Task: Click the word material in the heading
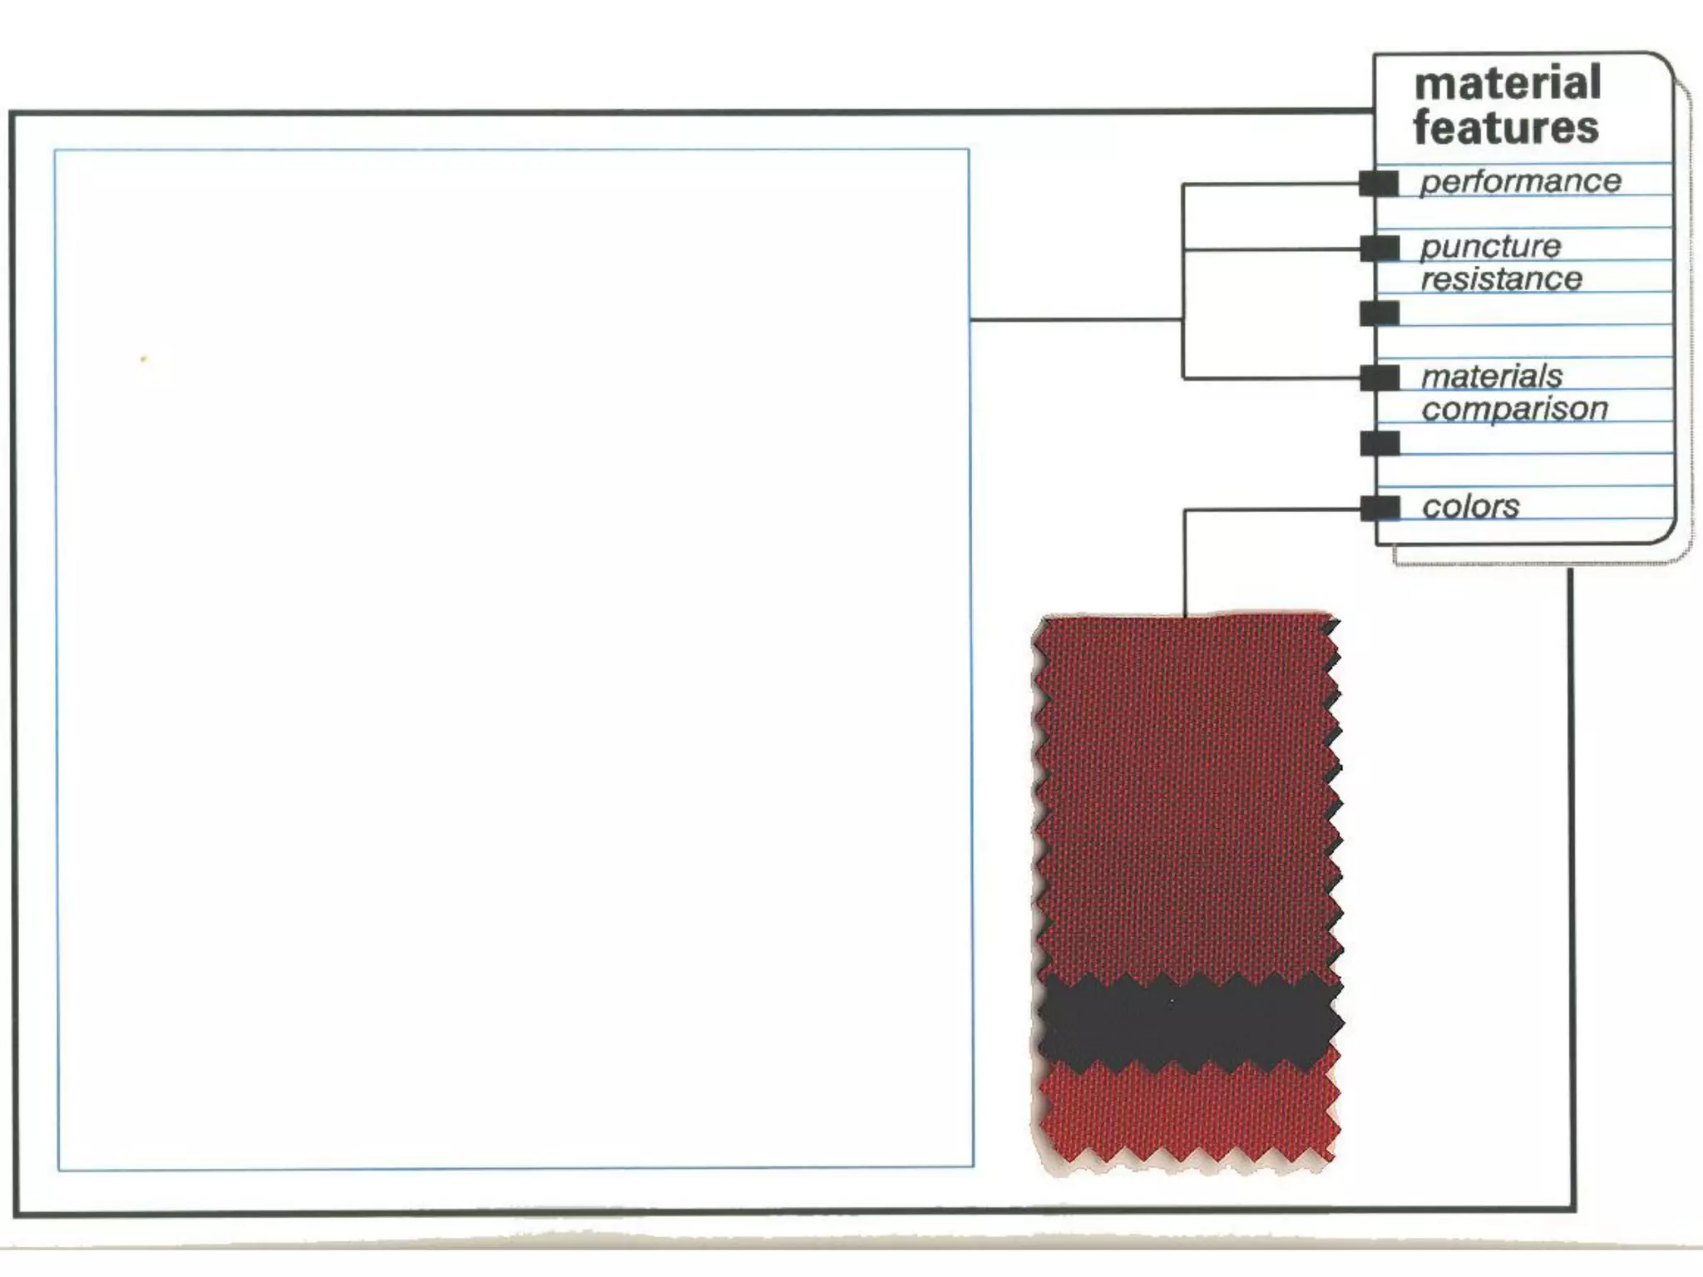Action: coord(1507,83)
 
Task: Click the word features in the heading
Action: coord(1505,128)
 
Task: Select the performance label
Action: coord(1520,181)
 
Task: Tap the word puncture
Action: coord(1490,246)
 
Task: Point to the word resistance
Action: coord(1501,279)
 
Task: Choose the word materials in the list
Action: coord(1492,377)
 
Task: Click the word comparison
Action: coord(1514,409)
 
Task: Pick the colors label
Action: coord(1470,506)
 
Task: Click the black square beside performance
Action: coord(1379,183)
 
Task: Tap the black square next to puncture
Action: coord(1380,248)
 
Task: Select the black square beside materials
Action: coord(1380,377)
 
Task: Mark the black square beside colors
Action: coord(1380,507)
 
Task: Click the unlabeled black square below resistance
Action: coord(1380,313)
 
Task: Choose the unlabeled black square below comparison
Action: coord(1380,443)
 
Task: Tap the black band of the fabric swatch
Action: coord(1189,1023)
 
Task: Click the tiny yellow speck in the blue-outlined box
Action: coord(144,359)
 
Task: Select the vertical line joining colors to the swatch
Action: coord(1184,565)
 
